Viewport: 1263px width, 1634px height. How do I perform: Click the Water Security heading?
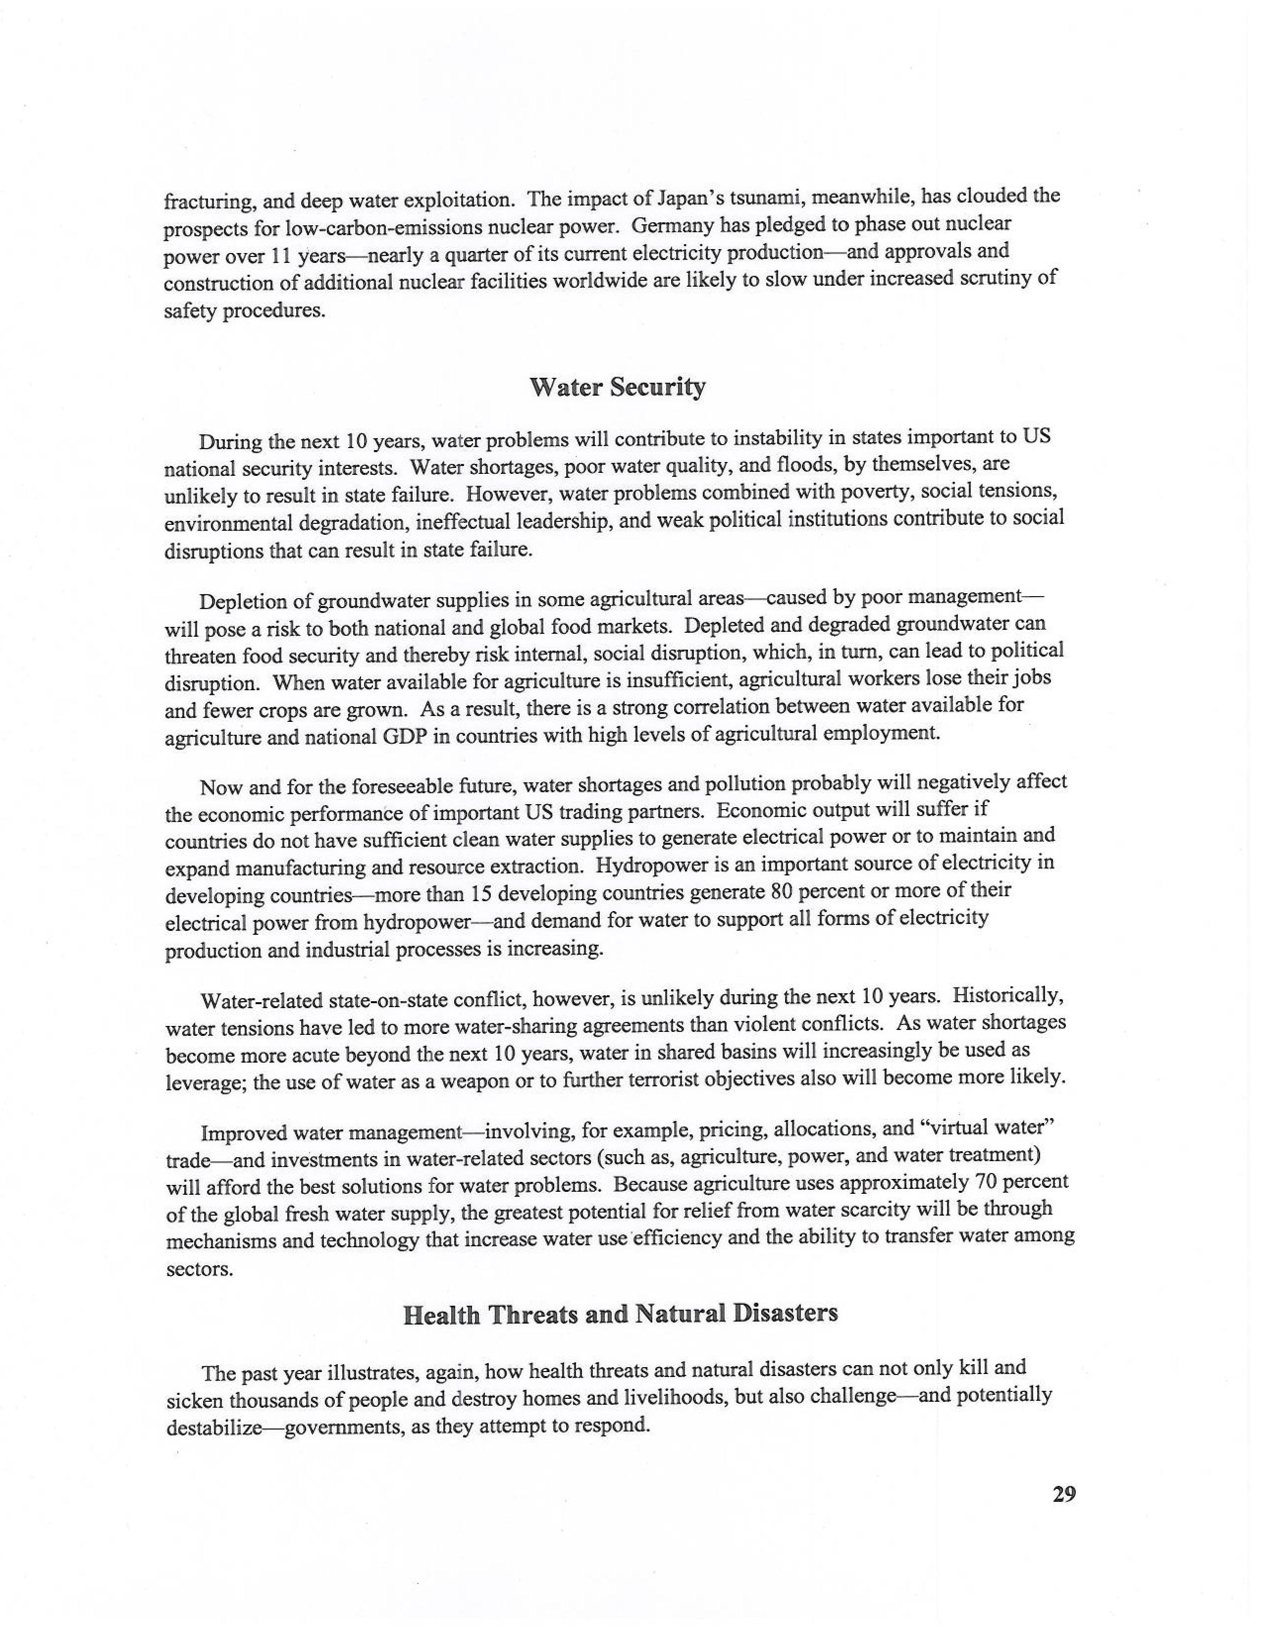[x=617, y=388]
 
